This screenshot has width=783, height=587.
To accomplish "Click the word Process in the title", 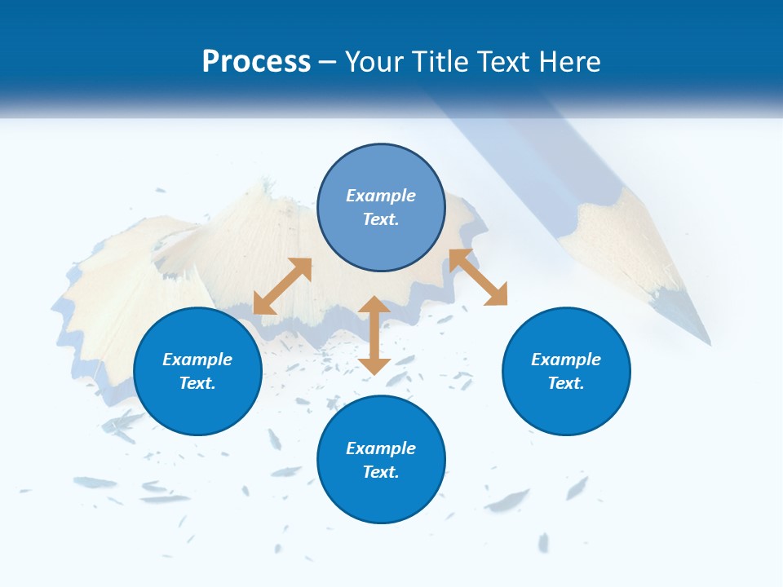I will click(x=256, y=62).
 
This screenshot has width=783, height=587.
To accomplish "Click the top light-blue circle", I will click(x=381, y=208).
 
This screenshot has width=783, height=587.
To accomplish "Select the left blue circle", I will click(x=197, y=371).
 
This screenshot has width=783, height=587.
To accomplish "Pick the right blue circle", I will click(x=566, y=371).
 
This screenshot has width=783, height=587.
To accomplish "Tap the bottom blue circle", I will click(x=381, y=460).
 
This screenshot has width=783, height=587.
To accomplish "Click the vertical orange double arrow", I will click(x=374, y=335).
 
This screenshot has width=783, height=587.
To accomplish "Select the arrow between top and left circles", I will click(x=282, y=286).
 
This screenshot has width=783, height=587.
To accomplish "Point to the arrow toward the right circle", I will click(x=478, y=277).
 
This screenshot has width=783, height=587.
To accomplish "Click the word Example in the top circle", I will click(x=381, y=196).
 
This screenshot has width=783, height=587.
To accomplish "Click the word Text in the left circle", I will click(x=197, y=383).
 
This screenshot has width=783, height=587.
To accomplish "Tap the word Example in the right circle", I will click(x=566, y=360).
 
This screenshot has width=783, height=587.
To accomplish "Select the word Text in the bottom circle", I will click(x=381, y=472).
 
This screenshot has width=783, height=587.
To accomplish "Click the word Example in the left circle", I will click(x=197, y=360).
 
